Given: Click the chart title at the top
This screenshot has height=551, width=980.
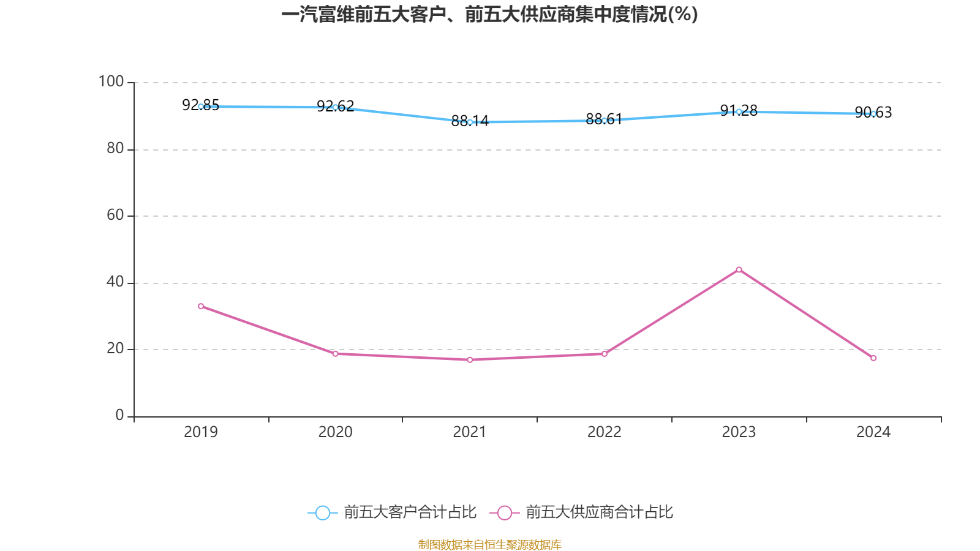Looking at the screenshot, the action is tap(489, 15).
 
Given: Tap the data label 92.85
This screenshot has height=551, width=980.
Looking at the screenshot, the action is tap(201, 105).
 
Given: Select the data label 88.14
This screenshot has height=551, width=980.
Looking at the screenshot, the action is tap(470, 121).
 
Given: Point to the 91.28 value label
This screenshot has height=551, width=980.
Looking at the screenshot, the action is tap(739, 110).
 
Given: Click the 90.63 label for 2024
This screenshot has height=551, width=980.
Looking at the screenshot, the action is tap(873, 113).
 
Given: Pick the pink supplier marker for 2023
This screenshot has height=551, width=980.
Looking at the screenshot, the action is tap(739, 270).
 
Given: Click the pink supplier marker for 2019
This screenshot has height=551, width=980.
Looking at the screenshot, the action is tap(201, 306).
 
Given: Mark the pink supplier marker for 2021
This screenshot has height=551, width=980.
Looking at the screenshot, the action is tap(470, 360).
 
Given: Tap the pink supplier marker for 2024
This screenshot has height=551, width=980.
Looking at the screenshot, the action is tap(873, 358).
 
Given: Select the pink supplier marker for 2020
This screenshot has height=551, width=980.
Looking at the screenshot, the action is tap(336, 354).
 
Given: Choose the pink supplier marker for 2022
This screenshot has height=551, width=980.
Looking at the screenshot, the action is tap(604, 354).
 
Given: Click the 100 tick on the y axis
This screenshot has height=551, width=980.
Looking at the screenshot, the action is tap(111, 81).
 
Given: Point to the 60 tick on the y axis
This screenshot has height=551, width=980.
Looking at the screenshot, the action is tap(116, 215).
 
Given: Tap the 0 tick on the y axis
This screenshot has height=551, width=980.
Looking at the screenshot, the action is tap(120, 415).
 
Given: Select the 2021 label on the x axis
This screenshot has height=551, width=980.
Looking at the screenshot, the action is tap(470, 432).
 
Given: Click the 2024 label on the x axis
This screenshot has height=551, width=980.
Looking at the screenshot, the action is tap(873, 432).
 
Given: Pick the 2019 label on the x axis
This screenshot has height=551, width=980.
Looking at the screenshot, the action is tap(201, 432).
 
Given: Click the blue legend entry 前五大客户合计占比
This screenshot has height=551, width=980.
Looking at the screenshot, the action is tap(392, 512).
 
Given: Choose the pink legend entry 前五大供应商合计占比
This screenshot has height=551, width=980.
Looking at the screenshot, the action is tap(581, 512).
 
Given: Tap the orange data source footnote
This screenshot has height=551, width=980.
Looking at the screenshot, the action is tap(489, 544).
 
